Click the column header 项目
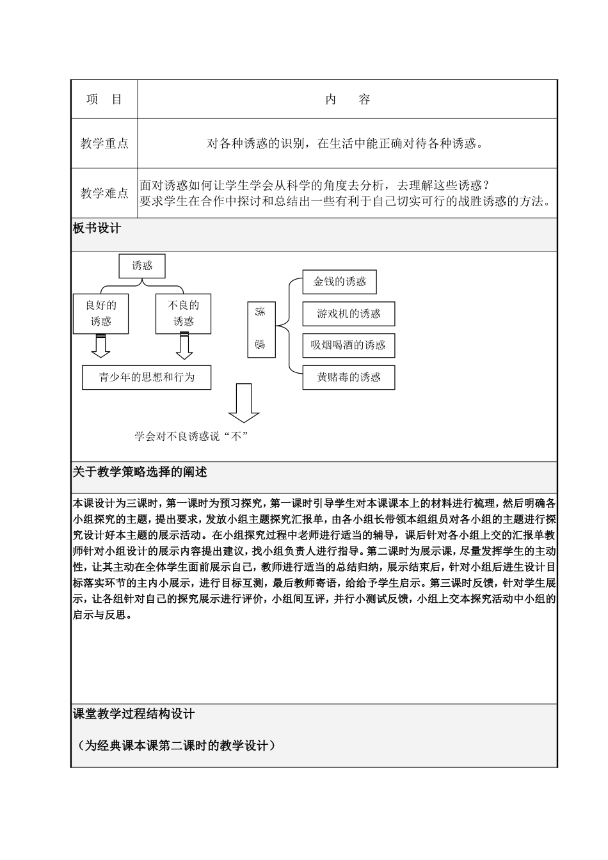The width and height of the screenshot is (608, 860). click(x=104, y=100)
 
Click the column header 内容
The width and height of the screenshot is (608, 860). click(x=348, y=100)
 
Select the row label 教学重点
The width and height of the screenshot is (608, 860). click(x=104, y=143)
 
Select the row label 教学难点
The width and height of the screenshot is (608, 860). click(x=104, y=193)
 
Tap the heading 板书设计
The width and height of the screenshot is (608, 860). click(x=97, y=228)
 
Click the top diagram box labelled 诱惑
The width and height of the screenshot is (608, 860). click(x=142, y=266)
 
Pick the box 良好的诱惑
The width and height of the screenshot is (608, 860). click(x=101, y=314)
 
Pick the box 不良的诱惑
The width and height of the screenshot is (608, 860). click(x=183, y=314)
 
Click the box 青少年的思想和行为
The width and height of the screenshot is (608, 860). click(x=147, y=378)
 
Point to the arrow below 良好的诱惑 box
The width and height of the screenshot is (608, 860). click(x=100, y=346)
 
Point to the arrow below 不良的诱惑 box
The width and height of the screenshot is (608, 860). click(x=184, y=346)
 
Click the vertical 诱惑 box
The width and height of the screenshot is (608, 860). click(x=260, y=330)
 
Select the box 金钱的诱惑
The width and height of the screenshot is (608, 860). click(x=339, y=282)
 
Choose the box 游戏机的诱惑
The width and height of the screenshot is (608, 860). click(x=348, y=314)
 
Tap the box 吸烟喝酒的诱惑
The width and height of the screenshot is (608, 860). click(x=348, y=346)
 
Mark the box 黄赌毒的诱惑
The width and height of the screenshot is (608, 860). click(x=348, y=378)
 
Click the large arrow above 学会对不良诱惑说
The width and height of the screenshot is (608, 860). click(x=244, y=403)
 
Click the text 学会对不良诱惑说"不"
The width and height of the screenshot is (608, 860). click(x=191, y=436)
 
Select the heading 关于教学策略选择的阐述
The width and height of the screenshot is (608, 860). click(x=140, y=472)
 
